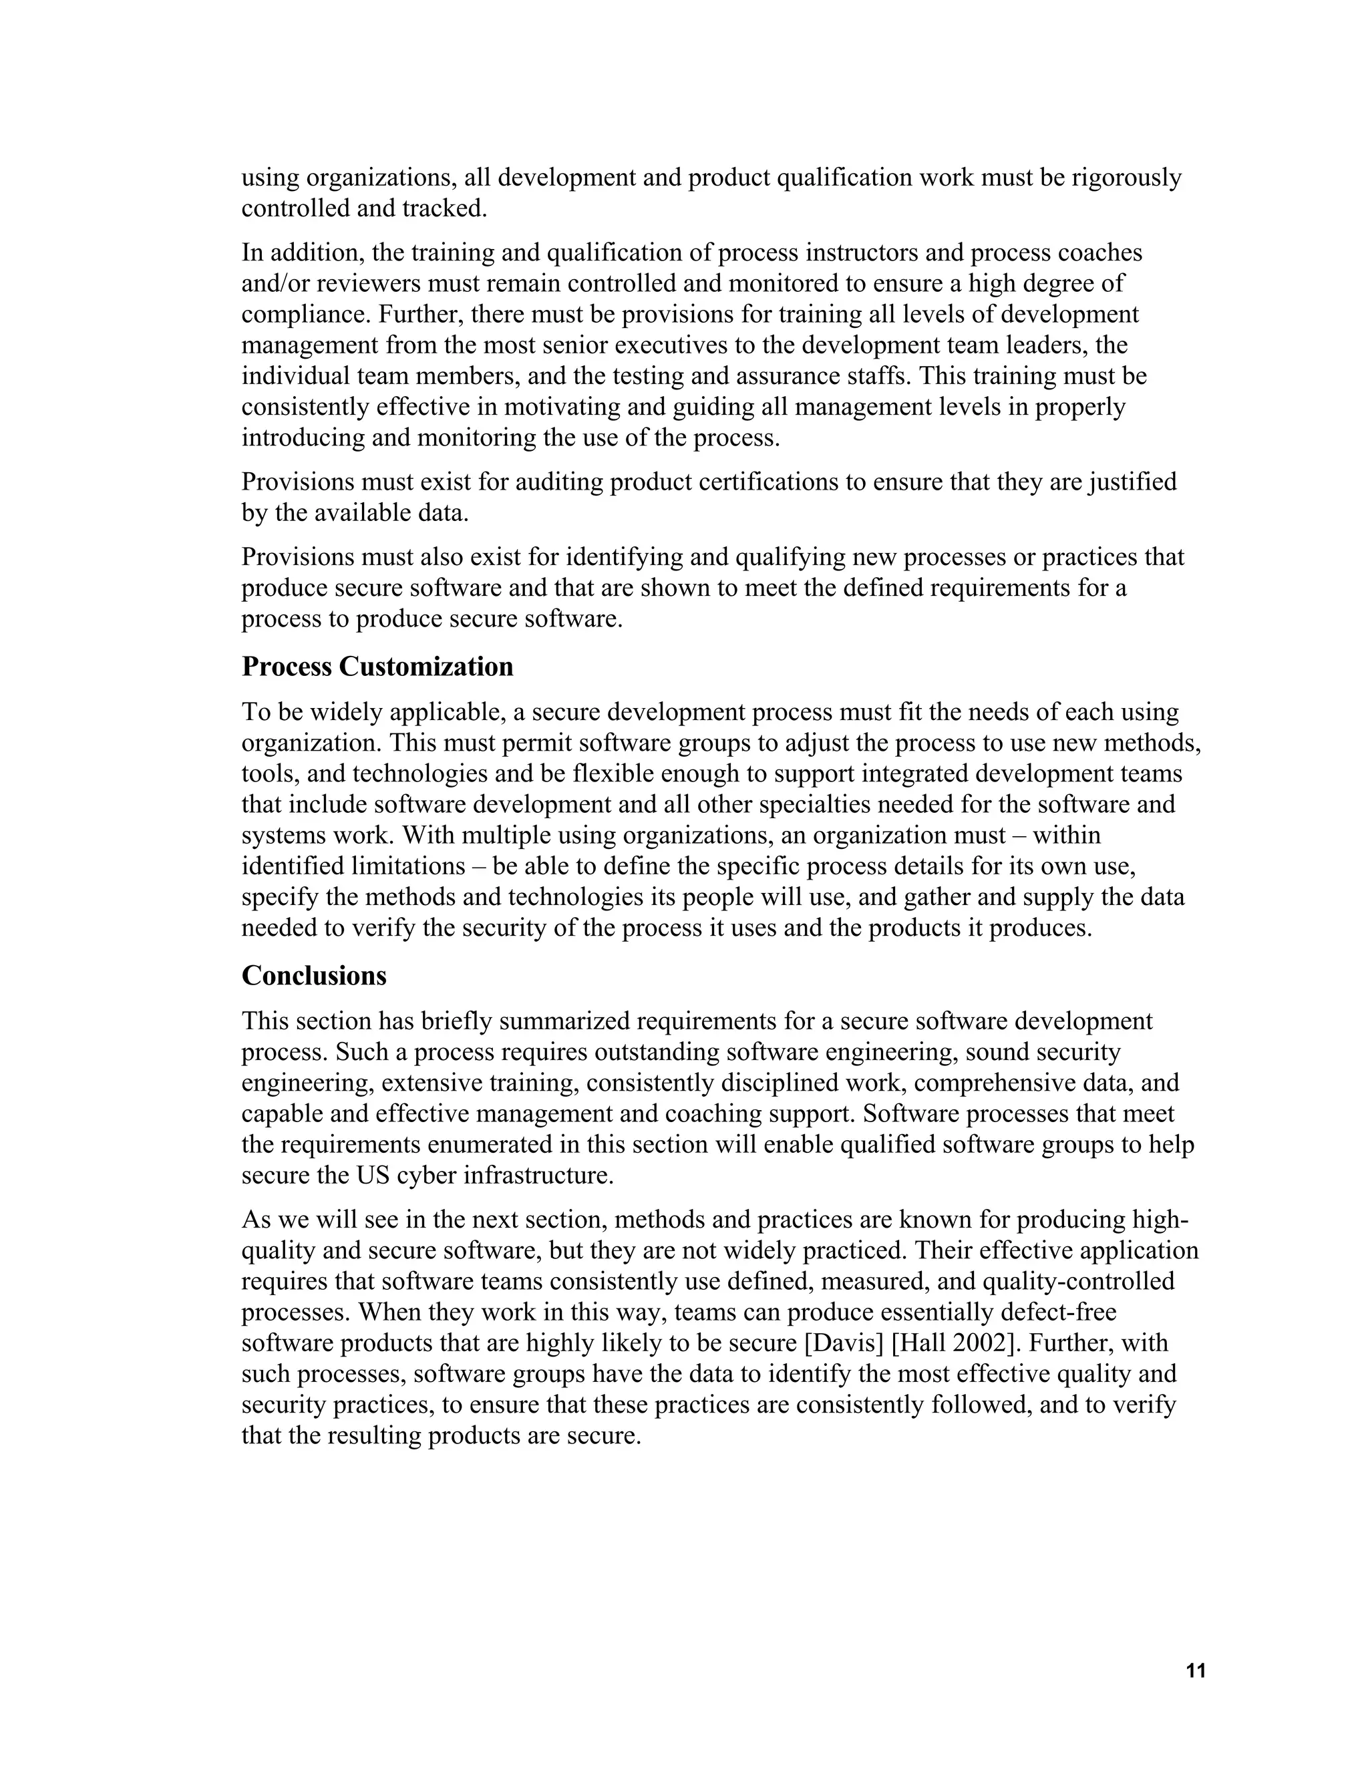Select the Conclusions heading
(314, 976)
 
